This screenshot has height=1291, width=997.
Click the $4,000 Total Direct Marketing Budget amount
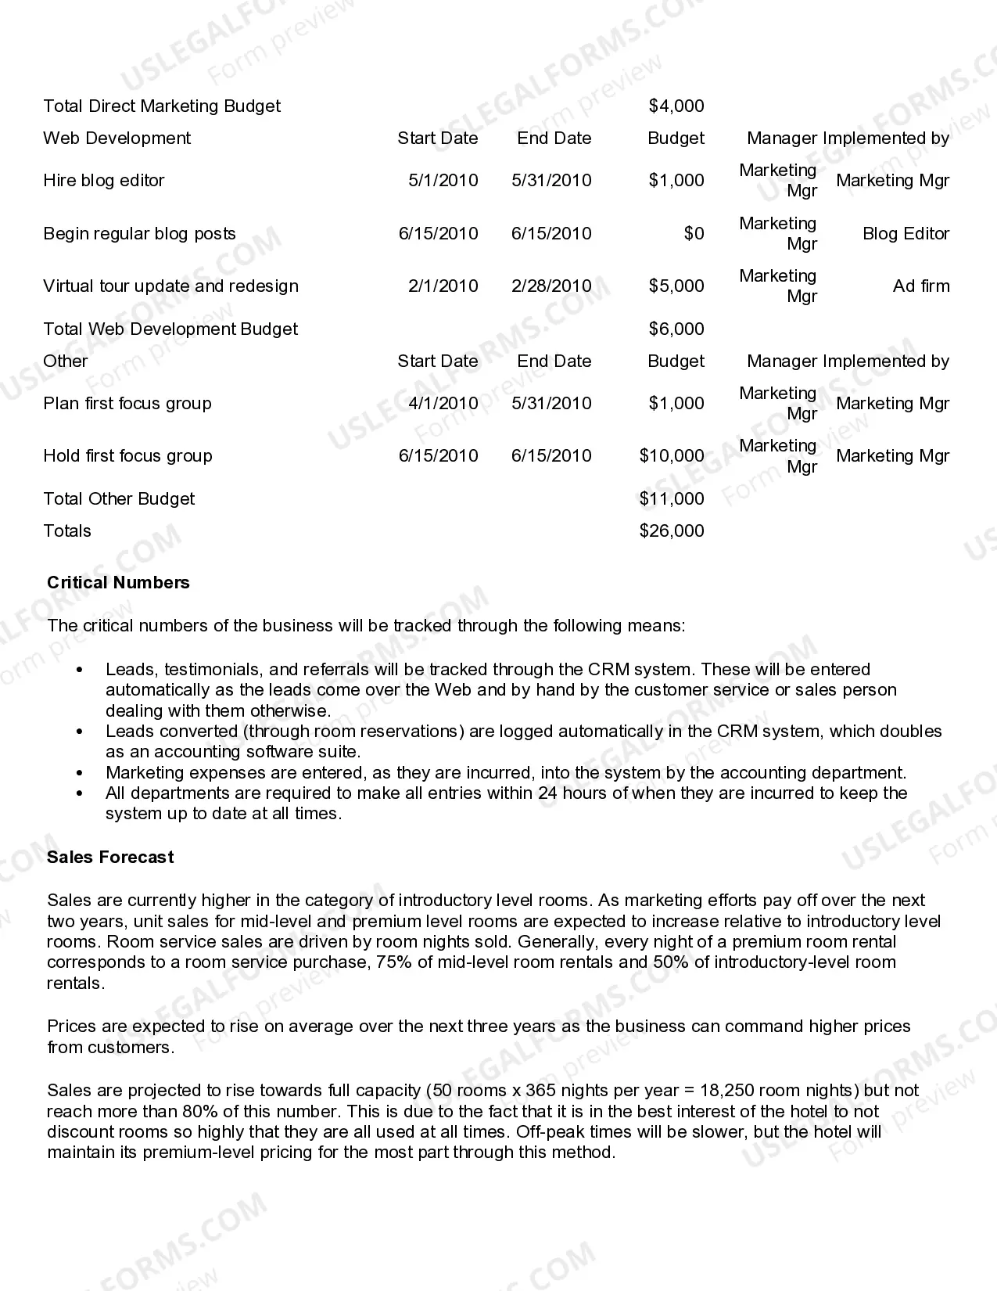pyautogui.click(x=676, y=106)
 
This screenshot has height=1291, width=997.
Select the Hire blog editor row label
pyautogui.click(x=104, y=180)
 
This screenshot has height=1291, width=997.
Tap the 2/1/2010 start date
pyautogui.click(x=443, y=286)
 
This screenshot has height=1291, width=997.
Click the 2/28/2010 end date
pyautogui.click(x=551, y=286)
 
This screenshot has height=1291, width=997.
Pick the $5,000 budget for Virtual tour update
pyautogui.click(x=676, y=286)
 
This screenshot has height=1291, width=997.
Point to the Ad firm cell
pyautogui.click(x=920, y=286)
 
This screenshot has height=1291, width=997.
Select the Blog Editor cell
pyautogui.click(x=906, y=233)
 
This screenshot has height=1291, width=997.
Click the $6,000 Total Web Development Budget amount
pyautogui.click(x=676, y=329)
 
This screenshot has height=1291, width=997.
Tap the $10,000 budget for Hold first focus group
pyautogui.click(x=671, y=455)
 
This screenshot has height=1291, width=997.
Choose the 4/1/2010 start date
pyautogui.click(x=443, y=403)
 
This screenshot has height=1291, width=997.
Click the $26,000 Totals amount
pyautogui.click(x=671, y=530)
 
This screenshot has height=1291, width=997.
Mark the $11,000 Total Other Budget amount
pyautogui.click(x=671, y=498)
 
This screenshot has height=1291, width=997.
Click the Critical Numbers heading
pyautogui.click(x=118, y=582)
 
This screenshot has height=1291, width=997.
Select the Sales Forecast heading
pyautogui.click(x=110, y=857)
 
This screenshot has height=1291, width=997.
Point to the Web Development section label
pyautogui.click(x=117, y=138)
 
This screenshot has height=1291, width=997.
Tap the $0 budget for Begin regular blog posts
pyautogui.click(x=694, y=233)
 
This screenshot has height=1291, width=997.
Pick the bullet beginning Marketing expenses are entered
pyautogui.click(x=505, y=772)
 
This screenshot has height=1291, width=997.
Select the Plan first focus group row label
pyautogui.click(x=127, y=403)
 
